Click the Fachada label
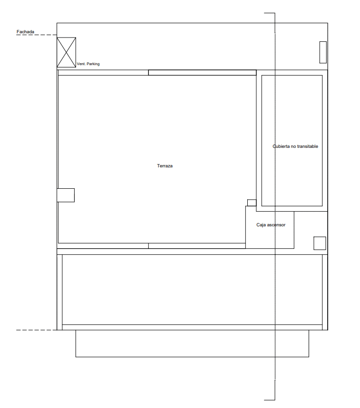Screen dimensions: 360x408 tap(25, 32)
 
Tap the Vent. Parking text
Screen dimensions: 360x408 tap(88, 64)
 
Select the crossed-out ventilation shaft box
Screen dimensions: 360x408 tap(67, 52)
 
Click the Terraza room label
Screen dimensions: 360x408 tap(165, 166)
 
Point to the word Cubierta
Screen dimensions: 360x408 tap(281, 146)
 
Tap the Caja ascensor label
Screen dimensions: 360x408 tap(271, 225)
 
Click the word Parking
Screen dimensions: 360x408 tap(93, 64)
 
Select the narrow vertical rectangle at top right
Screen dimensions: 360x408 tap(323, 52)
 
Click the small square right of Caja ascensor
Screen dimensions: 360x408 tap(320, 243)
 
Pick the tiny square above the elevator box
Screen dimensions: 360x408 tap(252, 203)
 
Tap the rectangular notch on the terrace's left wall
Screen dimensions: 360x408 tap(66, 195)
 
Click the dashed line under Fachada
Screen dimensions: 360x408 tap(37, 35)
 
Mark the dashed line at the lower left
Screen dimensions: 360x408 tap(37, 330)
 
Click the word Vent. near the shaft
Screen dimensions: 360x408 tap(81, 64)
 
